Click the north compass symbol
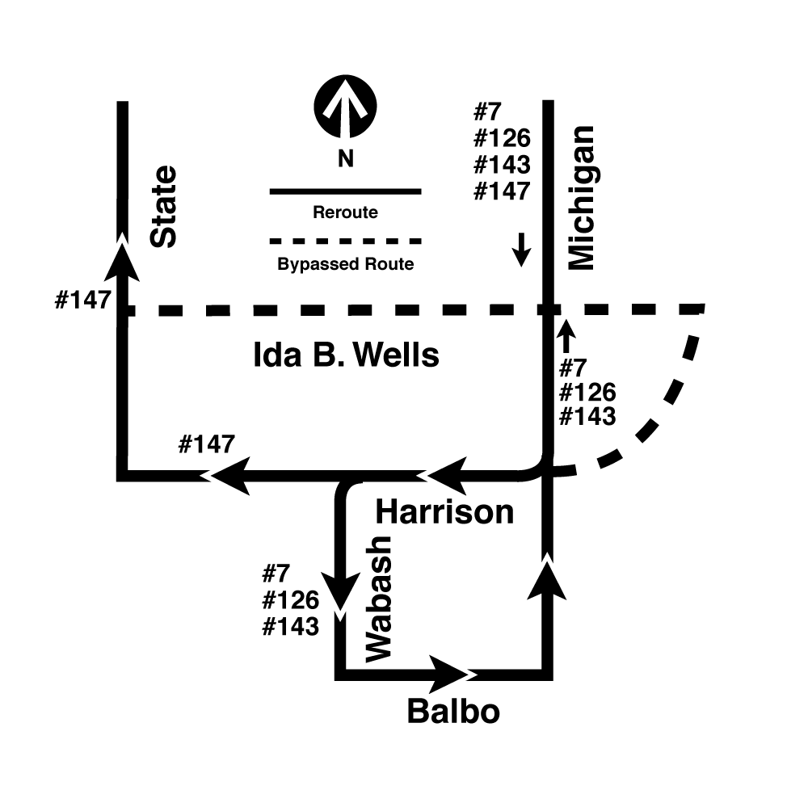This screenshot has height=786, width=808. (x=345, y=107)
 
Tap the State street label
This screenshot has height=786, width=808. (x=163, y=207)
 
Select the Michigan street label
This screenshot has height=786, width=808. (x=581, y=198)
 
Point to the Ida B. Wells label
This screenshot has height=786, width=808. (x=347, y=355)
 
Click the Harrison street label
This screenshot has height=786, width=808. (x=444, y=512)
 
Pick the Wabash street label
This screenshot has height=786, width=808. (x=379, y=599)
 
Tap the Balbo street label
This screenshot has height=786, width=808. (x=453, y=712)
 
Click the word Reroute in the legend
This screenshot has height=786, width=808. (x=345, y=212)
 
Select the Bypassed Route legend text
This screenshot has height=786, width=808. (x=346, y=264)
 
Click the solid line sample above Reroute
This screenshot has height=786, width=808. (x=346, y=191)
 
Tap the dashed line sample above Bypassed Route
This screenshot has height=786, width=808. (x=346, y=241)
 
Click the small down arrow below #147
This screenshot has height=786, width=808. (x=521, y=250)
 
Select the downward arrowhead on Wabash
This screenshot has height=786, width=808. (x=340, y=591)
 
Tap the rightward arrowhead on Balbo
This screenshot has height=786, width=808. (x=448, y=675)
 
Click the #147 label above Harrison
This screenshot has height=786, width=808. (x=207, y=444)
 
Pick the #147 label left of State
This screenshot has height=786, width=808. (x=83, y=300)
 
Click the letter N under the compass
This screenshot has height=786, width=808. (x=345, y=158)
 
